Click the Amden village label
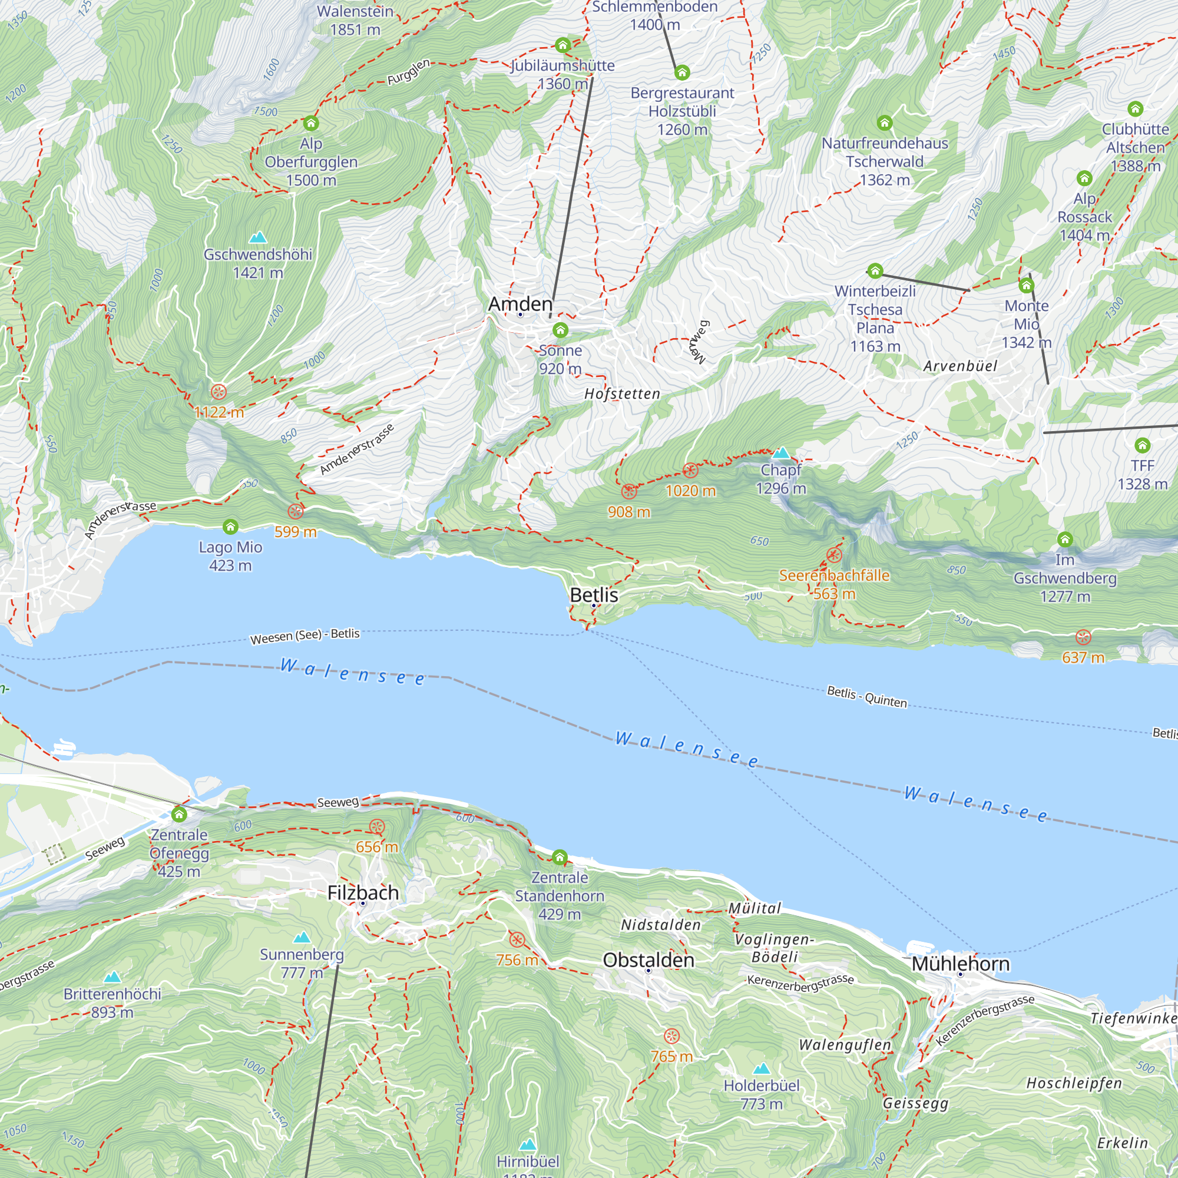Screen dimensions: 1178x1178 [x=520, y=304]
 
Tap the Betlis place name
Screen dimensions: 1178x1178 [x=593, y=595]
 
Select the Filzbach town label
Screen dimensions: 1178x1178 [x=363, y=893]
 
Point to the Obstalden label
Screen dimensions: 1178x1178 [x=648, y=959]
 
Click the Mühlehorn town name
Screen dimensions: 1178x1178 [x=960, y=964]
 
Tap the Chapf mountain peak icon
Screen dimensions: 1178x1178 [x=780, y=453]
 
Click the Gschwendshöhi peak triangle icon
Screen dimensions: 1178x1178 [x=258, y=237]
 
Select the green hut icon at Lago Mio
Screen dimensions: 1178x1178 [x=230, y=526]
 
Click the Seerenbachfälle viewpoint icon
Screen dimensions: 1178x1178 [x=834, y=555]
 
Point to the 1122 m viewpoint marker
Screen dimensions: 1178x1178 [x=219, y=392]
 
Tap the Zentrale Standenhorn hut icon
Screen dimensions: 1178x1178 [x=559, y=857]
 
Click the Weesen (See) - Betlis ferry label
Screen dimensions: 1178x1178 [x=305, y=636]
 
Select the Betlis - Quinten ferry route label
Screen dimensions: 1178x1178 [x=866, y=696]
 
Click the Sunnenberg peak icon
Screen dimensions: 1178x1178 [x=302, y=937]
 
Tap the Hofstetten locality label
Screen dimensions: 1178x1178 [x=622, y=394]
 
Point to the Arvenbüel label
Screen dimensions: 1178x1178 [x=959, y=366]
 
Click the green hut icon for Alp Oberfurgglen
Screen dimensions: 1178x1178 [x=311, y=123]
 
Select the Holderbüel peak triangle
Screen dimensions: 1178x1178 [x=761, y=1069]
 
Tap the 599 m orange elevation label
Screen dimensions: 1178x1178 [x=295, y=532]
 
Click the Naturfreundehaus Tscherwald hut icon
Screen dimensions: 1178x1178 [x=884, y=123]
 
